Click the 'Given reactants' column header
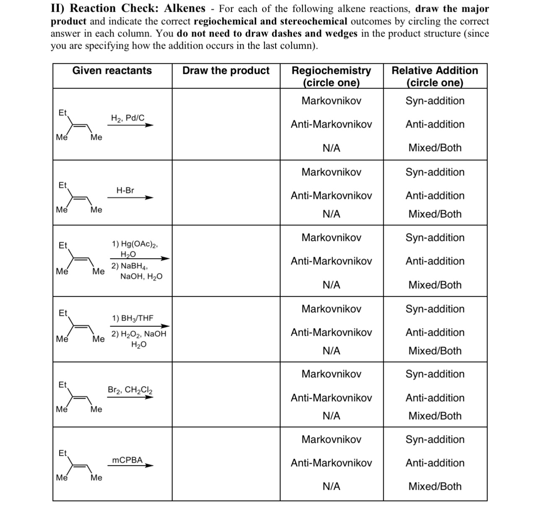point(112,71)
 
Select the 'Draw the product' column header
point(226,71)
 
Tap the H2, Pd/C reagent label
point(127,118)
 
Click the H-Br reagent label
point(125,190)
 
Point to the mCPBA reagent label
point(127,460)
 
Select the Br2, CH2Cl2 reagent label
point(130,389)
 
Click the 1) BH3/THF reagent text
point(133,318)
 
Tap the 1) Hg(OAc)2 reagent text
point(135,244)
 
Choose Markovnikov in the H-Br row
point(331,172)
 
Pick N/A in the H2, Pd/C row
point(331,148)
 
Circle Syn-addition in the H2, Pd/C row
point(434,101)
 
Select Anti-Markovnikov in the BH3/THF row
point(331,332)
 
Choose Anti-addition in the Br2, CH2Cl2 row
point(434,397)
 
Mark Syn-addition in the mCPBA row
point(434,439)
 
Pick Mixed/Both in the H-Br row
point(434,214)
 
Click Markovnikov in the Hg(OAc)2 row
point(331,238)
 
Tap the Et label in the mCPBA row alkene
point(62,453)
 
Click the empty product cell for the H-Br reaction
point(226,193)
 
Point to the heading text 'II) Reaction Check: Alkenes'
point(128,8)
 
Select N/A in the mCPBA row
point(331,486)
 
